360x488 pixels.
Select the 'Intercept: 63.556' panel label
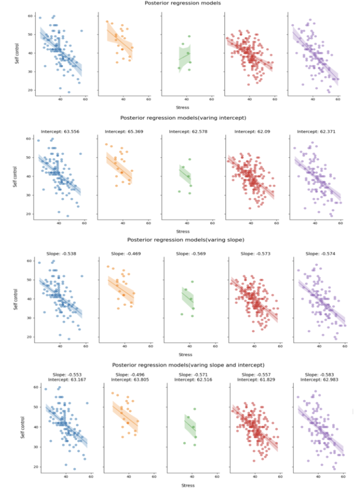[59, 131]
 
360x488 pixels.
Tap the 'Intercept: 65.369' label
[123, 131]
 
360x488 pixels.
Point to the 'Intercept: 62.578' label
[186, 131]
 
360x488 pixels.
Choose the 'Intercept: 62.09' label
[251, 131]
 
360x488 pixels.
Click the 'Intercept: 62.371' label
[315, 131]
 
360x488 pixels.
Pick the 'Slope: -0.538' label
[59, 253]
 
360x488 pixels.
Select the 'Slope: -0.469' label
[125, 253]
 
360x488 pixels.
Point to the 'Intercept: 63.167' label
[67, 379]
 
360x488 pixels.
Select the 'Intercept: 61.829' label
[257, 379]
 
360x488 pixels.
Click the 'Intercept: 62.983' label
[319, 379]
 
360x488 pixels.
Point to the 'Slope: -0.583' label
[319, 374]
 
